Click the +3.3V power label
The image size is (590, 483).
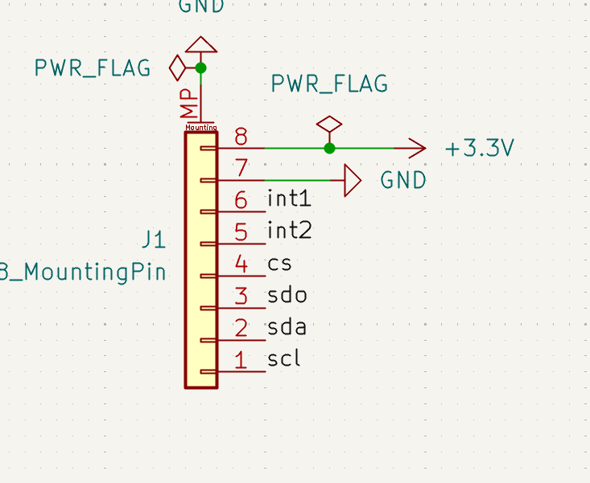coord(479,149)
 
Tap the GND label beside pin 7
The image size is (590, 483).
coord(403,180)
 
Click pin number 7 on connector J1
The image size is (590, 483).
coord(240,168)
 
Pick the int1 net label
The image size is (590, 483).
coord(289,199)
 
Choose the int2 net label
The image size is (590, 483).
coord(289,231)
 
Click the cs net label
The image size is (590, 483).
coord(279,264)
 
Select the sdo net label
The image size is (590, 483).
coord(287,295)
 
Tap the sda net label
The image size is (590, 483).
coord(287,327)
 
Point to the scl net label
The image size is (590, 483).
coord(284,358)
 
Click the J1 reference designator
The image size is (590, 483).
coord(154,239)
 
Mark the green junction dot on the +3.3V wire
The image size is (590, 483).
coord(329,148)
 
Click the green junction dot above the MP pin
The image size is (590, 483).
coord(201,68)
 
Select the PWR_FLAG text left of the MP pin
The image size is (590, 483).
coord(93,68)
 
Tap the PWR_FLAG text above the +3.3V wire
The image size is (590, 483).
coord(329,84)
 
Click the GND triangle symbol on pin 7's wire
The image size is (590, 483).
coord(352,180)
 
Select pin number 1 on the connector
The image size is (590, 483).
coord(240,360)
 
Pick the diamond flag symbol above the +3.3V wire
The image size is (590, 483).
coord(329,125)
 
